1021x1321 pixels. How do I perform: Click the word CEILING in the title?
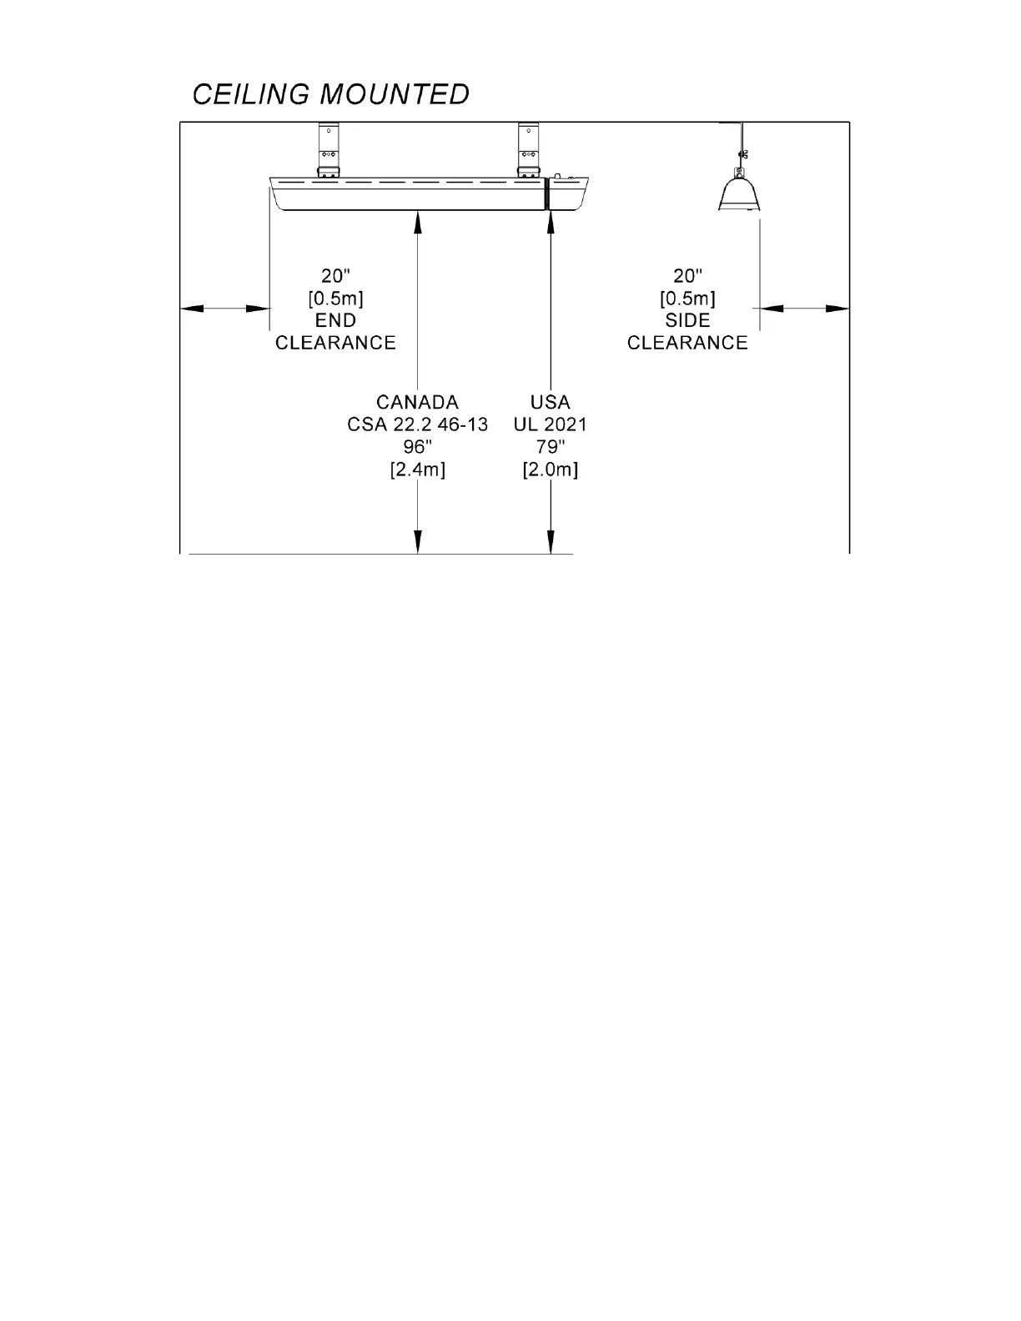(x=250, y=94)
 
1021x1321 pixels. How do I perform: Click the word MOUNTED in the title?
(x=395, y=94)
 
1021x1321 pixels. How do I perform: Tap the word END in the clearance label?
(x=335, y=320)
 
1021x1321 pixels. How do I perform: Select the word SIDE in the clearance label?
(x=687, y=320)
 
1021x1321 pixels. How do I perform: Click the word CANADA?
(x=417, y=402)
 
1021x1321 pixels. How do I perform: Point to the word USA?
(x=551, y=402)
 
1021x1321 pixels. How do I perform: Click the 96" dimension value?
(x=417, y=447)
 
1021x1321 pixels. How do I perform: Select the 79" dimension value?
(x=551, y=447)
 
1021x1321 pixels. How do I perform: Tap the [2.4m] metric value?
(x=417, y=470)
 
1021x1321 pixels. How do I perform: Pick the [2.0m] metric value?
(x=551, y=470)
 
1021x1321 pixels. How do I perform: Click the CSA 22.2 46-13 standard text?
(x=417, y=424)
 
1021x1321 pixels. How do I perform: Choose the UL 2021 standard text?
(x=551, y=424)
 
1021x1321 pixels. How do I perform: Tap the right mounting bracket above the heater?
(x=527, y=150)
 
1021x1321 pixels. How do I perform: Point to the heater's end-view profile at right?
(x=739, y=193)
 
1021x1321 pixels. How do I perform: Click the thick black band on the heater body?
(x=545, y=193)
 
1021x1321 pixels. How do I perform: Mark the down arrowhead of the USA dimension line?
(x=551, y=543)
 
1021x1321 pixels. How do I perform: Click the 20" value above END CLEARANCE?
(x=335, y=275)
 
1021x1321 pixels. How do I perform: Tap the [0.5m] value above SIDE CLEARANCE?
(x=687, y=298)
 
